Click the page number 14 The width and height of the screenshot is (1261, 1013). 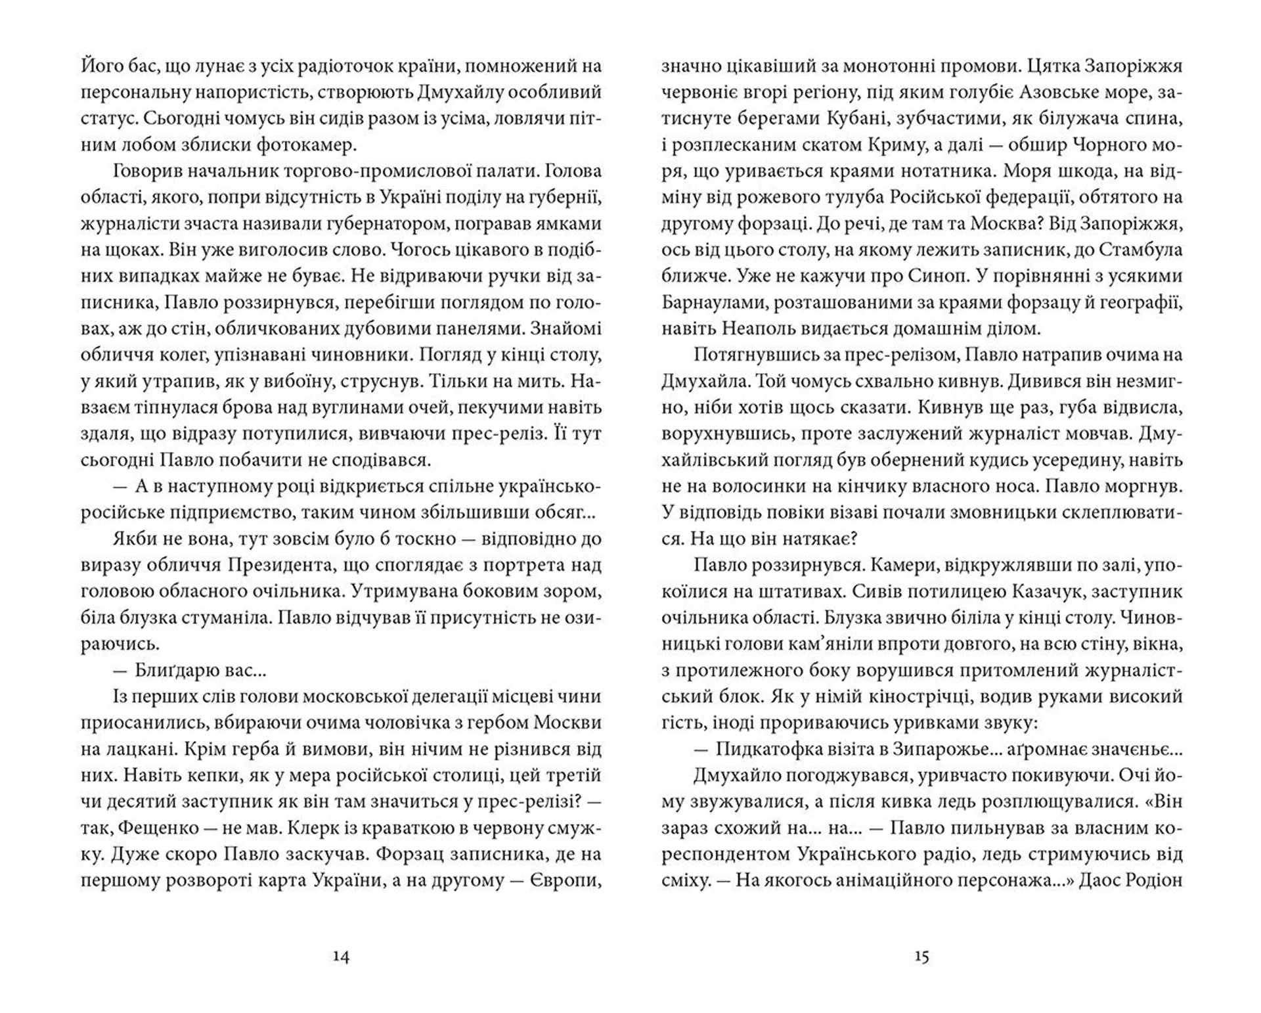pos(341,957)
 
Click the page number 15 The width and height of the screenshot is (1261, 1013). pos(921,957)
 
